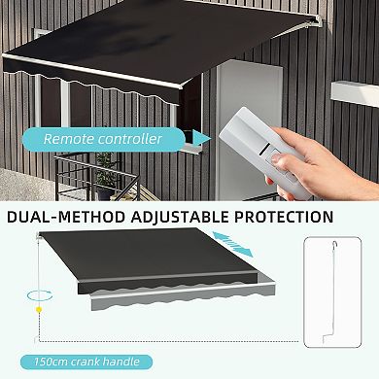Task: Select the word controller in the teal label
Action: tap(129, 139)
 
